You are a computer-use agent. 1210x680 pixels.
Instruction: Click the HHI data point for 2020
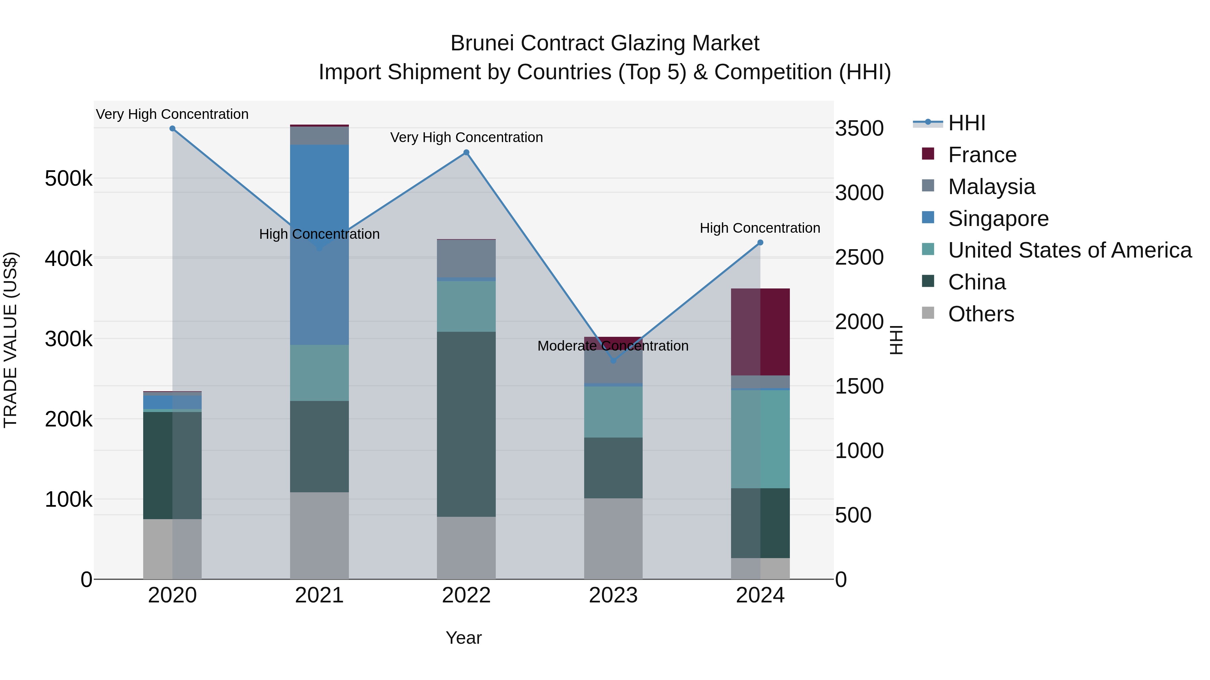coord(172,129)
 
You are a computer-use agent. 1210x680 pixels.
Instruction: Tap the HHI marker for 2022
coord(467,152)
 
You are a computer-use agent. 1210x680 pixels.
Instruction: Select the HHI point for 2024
coord(761,243)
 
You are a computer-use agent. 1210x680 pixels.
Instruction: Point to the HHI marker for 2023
coord(613,360)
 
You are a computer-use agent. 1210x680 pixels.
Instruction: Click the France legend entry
coord(982,155)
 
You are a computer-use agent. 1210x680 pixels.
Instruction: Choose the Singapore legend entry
coord(998,219)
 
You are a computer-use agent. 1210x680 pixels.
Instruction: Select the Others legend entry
coord(981,314)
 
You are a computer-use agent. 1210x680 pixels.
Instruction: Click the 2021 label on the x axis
coord(319,595)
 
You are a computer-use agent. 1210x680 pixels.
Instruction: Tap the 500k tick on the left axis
coord(69,179)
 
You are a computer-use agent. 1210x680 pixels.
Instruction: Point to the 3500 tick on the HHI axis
coord(859,129)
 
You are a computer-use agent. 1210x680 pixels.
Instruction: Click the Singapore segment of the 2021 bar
coord(319,197)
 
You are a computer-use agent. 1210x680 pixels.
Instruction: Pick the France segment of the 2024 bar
coord(761,332)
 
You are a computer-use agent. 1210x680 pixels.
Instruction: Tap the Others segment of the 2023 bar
coord(613,538)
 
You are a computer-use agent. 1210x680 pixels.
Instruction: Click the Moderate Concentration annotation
coord(613,346)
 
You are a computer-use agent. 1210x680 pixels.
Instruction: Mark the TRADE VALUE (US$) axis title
coord(10,340)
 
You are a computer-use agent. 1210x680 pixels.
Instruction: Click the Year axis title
coord(463,638)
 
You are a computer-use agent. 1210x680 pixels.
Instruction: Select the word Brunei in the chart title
coord(482,43)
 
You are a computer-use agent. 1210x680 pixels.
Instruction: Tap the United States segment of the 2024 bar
coord(761,439)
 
